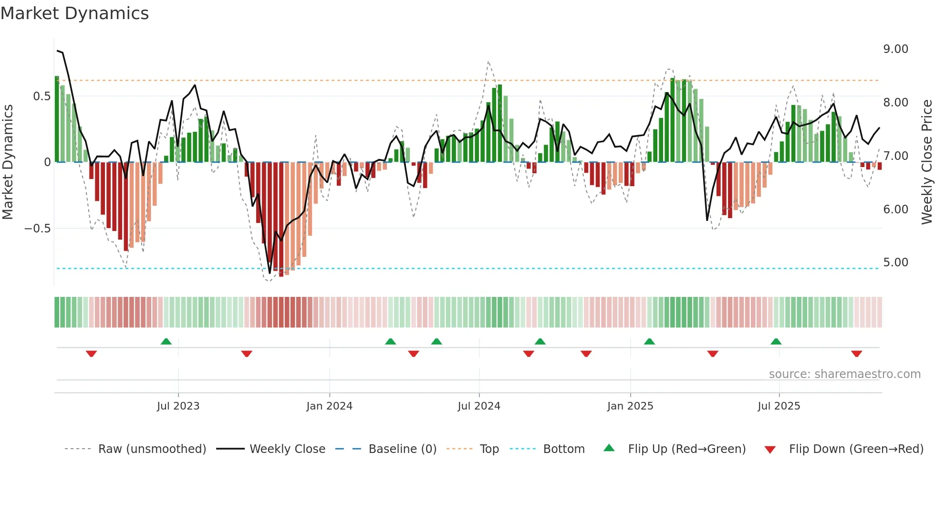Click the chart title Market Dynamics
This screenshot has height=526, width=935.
click(x=74, y=13)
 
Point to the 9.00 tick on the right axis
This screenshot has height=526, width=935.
click(x=895, y=49)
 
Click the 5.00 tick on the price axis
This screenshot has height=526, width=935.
click(x=895, y=263)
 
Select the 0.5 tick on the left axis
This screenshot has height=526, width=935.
click(x=42, y=96)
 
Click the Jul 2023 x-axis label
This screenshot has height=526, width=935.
click(x=178, y=406)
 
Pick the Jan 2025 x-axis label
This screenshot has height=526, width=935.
click(x=630, y=406)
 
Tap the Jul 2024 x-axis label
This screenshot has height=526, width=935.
click(x=478, y=406)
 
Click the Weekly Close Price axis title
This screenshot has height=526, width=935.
click(x=926, y=162)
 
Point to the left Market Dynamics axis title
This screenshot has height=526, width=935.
click(x=8, y=162)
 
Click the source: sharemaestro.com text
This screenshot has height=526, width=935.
click(x=844, y=374)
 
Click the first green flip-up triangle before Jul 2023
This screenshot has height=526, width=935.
click(x=166, y=341)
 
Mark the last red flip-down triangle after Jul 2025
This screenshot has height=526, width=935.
click(x=856, y=354)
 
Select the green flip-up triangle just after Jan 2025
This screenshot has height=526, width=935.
click(x=649, y=341)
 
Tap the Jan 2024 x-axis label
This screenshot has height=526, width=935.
click(x=329, y=406)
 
